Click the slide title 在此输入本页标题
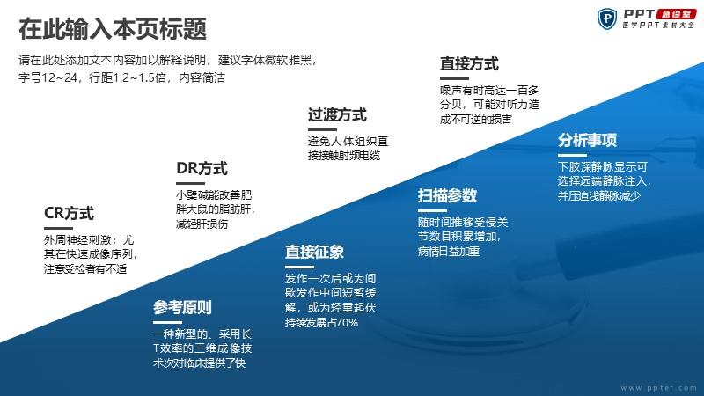pos(113,29)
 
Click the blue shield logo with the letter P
pos(607,18)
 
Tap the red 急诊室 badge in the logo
pos(676,14)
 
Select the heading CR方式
pos(70,213)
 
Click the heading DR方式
pos(202,168)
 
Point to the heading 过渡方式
pos(337,115)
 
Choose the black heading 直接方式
pos(469,63)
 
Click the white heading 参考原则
pos(182,307)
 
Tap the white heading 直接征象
pos(314,252)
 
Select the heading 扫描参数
pos(447,195)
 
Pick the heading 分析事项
pos(587,141)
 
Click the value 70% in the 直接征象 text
pos(347,322)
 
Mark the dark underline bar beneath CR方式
pos(58,228)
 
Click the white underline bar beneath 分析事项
pos(573,156)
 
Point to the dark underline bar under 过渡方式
pos(322,129)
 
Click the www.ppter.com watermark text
pos(659,387)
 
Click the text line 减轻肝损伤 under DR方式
pos(202,224)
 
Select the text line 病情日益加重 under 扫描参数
pos(449,252)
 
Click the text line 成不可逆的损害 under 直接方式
pos(476,120)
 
